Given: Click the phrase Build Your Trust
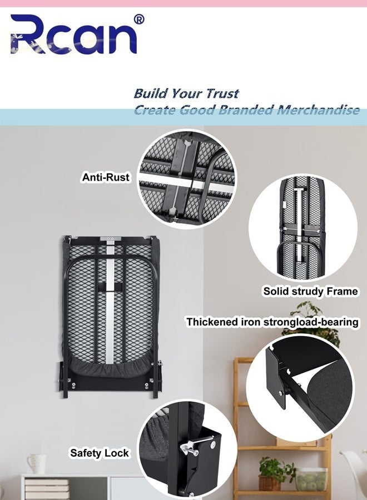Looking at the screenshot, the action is [186, 93].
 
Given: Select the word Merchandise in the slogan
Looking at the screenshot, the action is [318, 109].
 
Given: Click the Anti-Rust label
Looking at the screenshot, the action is [106, 177].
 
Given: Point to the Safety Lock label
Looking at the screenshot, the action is [99, 453].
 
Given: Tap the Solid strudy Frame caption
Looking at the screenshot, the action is [310, 291].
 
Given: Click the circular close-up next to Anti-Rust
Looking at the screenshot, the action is [187, 179].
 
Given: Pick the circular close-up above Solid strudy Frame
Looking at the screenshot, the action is [302, 228].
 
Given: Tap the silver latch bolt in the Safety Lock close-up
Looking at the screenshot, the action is [195, 444].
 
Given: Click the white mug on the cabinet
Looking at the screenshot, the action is [36, 463].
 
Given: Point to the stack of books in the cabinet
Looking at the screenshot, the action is [47, 489].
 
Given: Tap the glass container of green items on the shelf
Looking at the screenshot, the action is [312, 479].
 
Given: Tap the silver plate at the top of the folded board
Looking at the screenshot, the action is [111, 238].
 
